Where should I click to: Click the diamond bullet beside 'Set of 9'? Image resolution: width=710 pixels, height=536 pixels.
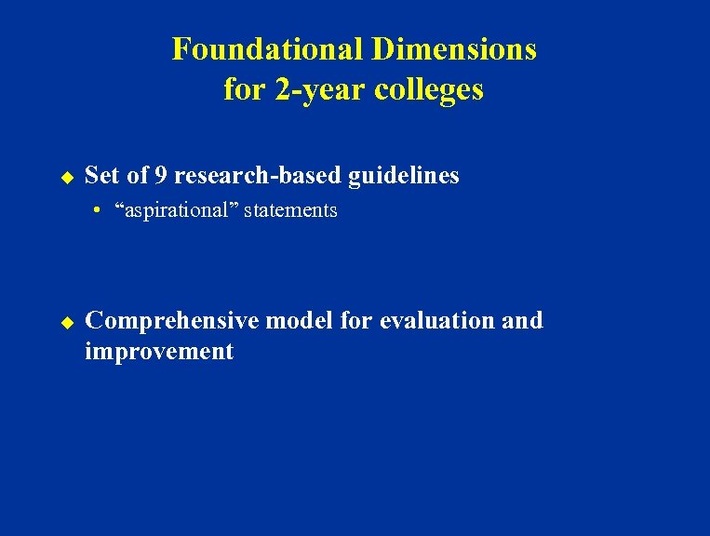tap(66, 175)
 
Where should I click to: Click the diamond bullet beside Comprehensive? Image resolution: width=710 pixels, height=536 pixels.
tap(66, 321)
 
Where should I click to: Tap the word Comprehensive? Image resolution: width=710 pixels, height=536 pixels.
tap(171, 321)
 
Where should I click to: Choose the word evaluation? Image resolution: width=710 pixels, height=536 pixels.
tap(436, 320)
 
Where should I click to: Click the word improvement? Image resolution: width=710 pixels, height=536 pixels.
tap(159, 352)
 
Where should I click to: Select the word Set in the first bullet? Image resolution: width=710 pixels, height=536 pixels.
tap(101, 175)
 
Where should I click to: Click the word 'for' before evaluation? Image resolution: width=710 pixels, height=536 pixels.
tap(357, 320)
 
